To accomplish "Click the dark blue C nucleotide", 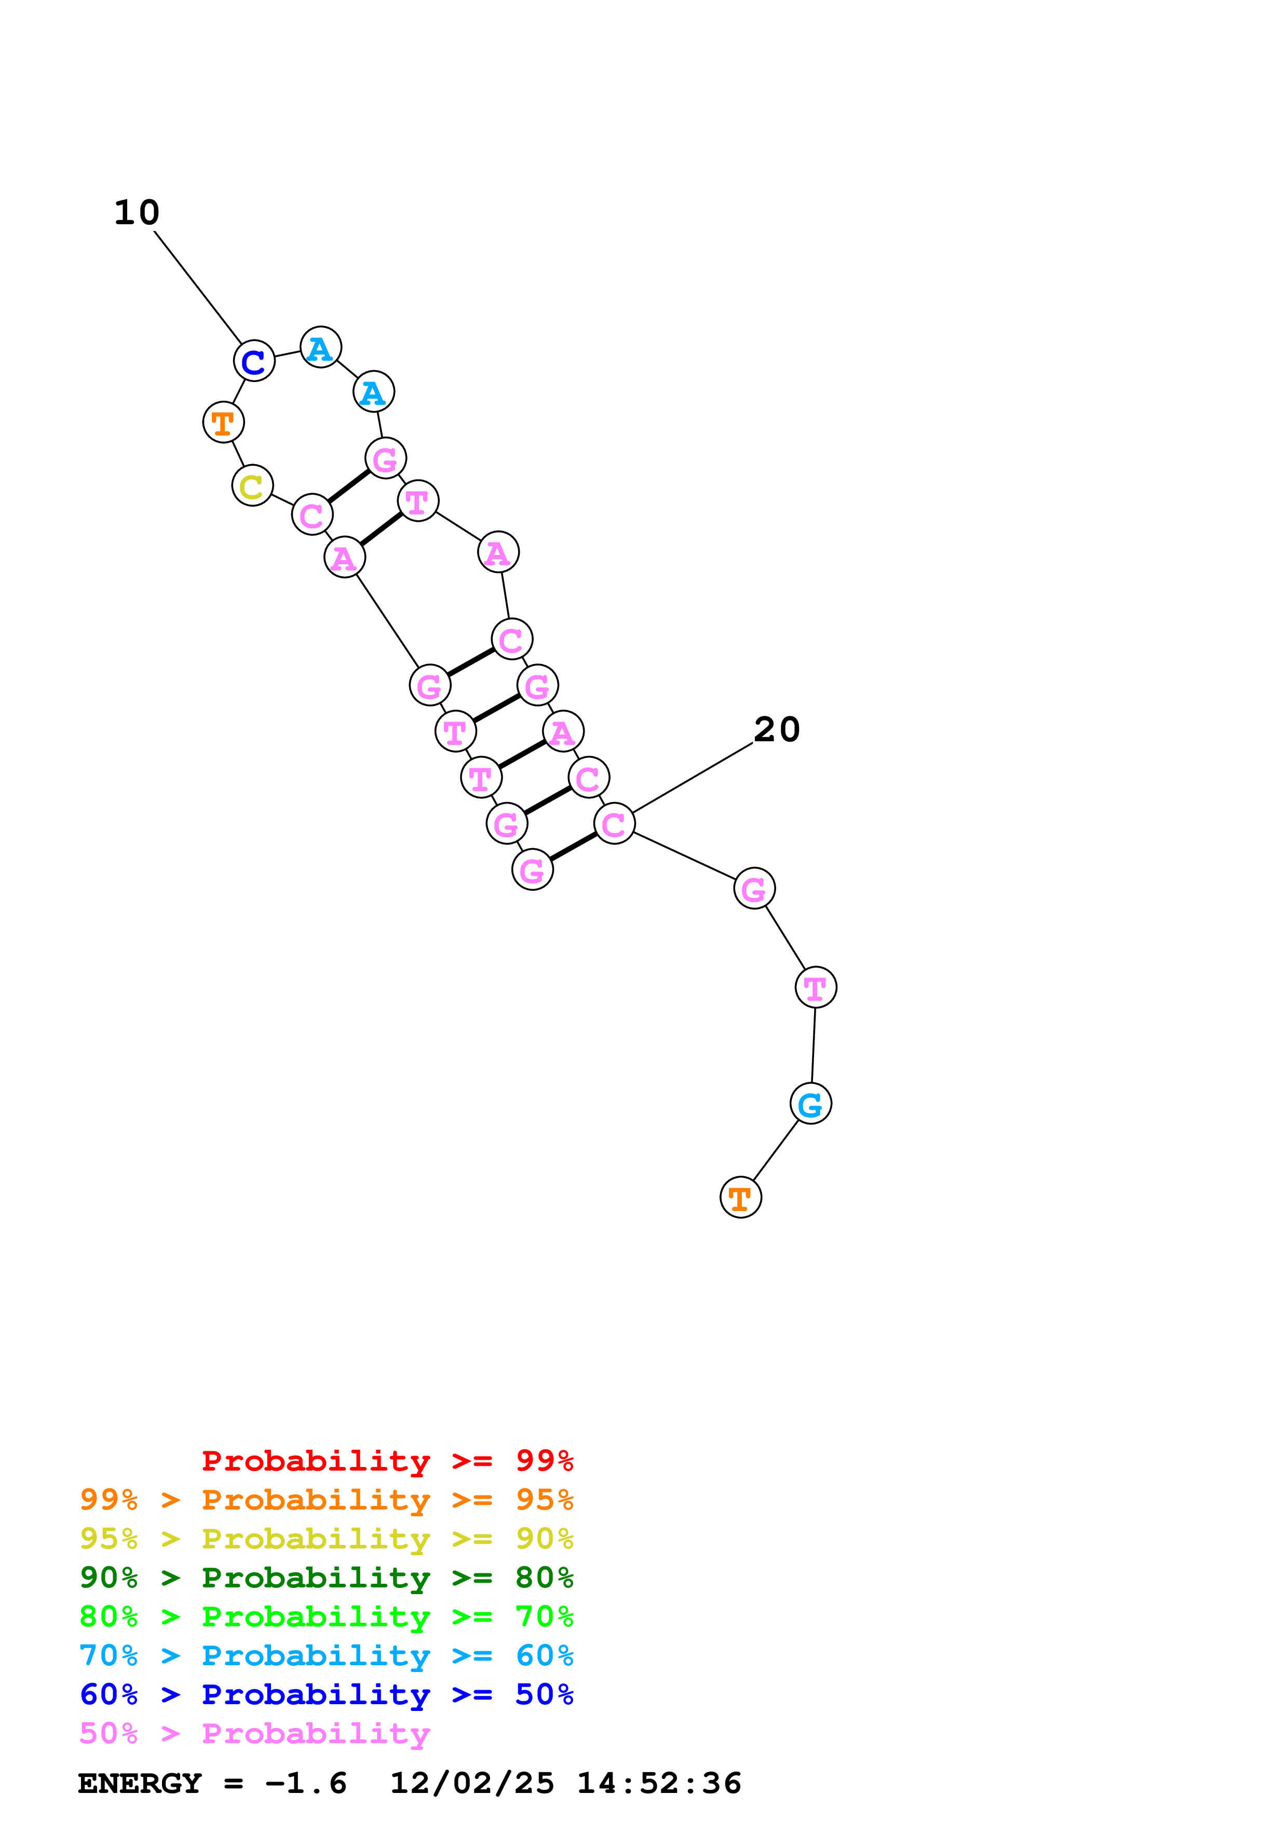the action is (254, 361).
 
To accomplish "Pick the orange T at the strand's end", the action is (741, 1197).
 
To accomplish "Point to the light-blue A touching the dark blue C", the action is (320, 347).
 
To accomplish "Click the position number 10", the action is (137, 212).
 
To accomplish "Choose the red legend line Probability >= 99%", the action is (387, 1460).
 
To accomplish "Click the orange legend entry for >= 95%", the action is (327, 1499).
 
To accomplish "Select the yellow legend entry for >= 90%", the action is (327, 1538).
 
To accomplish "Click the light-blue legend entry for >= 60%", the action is (327, 1655).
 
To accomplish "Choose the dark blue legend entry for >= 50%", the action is (327, 1694).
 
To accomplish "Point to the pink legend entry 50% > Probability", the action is (254, 1733).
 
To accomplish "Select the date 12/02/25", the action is (472, 1783).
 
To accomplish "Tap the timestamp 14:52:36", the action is (659, 1783).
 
